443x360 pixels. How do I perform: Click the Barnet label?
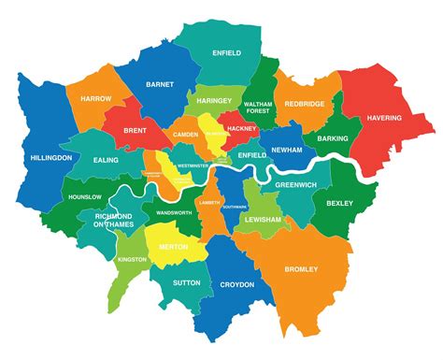[x=160, y=84]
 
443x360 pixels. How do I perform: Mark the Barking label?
[x=332, y=138]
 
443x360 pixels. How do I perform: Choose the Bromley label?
[x=300, y=269]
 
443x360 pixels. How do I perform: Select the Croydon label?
[x=238, y=284]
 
